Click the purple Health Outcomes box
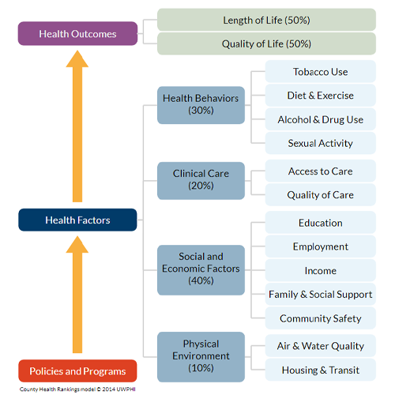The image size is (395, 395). [77, 34]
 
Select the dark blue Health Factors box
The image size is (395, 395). [77, 220]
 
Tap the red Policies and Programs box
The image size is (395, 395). [77, 371]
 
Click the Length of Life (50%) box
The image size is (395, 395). [266, 20]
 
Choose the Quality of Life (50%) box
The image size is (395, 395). [266, 43]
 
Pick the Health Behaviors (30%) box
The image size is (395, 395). [201, 104]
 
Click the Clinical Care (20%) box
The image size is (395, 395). [201, 179]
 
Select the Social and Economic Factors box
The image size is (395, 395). [201, 269]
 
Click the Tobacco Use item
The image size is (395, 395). [320, 72]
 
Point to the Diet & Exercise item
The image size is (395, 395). [320, 96]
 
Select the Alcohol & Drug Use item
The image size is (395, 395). [320, 119]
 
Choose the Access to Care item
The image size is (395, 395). [320, 171]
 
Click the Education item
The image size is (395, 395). [320, 223]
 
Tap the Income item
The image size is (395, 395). [320, 271]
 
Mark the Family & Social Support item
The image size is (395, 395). [320, 295]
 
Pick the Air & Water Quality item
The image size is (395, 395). [320, 346]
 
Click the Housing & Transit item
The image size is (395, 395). [320, 370]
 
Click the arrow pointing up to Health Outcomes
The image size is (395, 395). [77, 126]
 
